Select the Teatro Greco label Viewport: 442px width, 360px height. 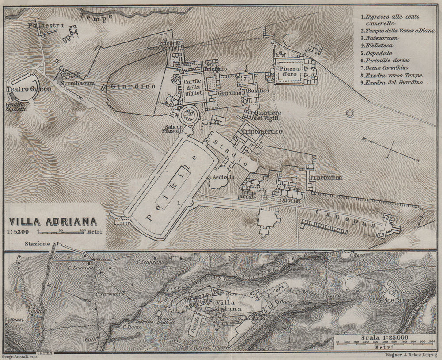(29, 89)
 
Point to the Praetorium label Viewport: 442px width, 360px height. (326, 177)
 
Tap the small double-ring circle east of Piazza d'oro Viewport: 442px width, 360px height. (351, 114)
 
